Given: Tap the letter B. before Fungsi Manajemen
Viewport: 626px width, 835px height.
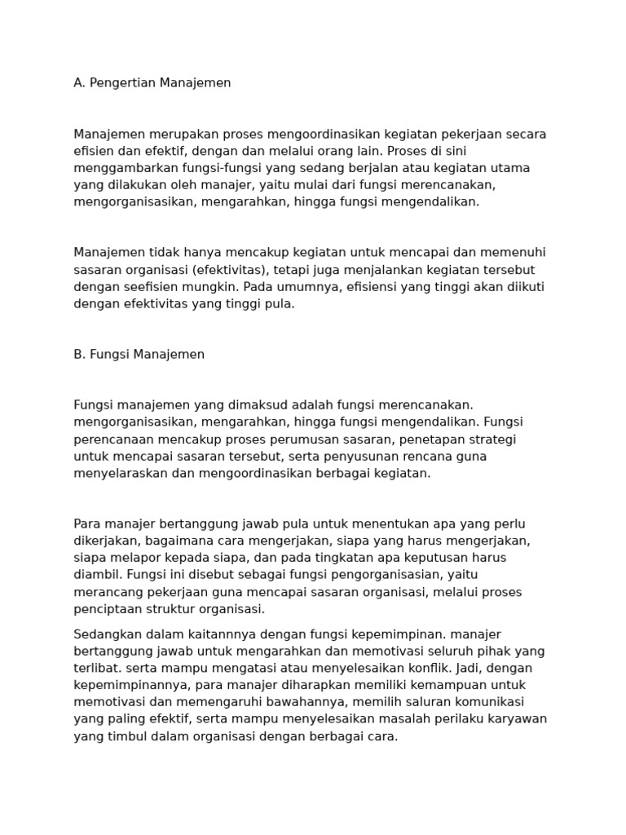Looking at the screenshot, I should click(79, 355).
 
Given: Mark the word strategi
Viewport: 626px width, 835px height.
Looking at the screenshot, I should click(492, 440).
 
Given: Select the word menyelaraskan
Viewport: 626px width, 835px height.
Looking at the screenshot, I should click(120, 473).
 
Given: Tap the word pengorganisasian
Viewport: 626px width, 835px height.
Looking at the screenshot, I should click(350, 575).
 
